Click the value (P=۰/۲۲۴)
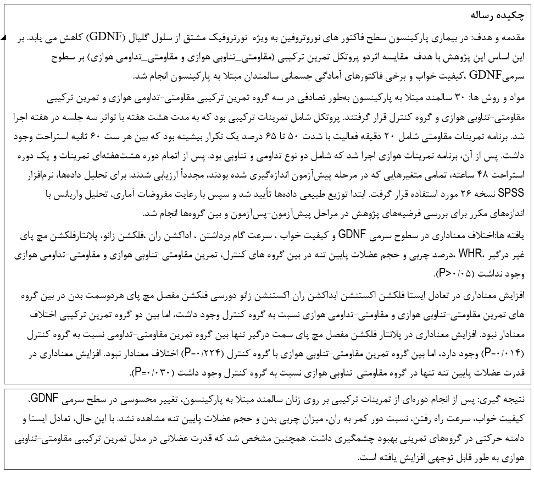[204, 352]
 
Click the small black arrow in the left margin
[3, 38]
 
